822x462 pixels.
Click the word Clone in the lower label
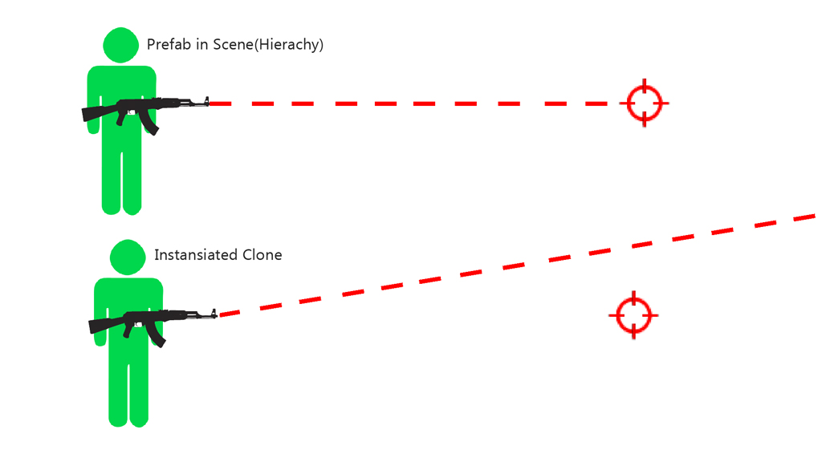coord(262,255)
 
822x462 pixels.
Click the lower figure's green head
coord(128,257)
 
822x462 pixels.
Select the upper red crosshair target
coord(645,103)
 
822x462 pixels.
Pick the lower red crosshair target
coord(633,315)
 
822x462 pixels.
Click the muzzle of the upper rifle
coord(206,102)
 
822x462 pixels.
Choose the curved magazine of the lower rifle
coord(157,334)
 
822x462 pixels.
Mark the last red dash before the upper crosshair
coord(597,103)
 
